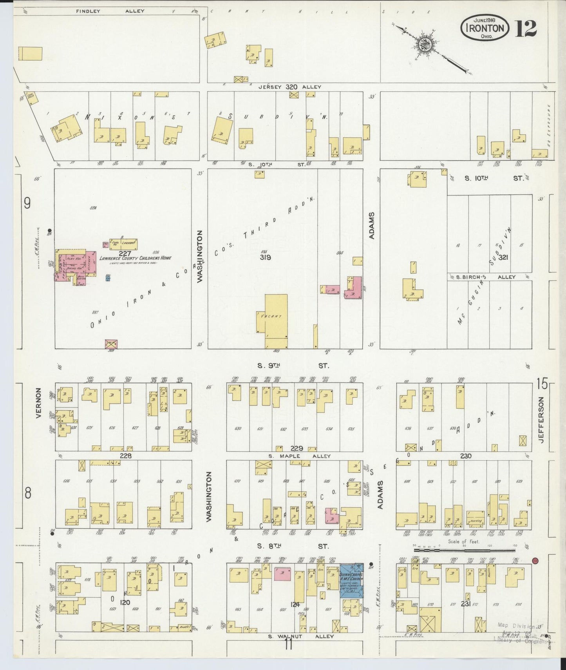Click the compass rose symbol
424,44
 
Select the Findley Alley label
110,11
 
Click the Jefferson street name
541,420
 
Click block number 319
265,257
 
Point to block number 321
503,258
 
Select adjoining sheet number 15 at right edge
542,384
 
